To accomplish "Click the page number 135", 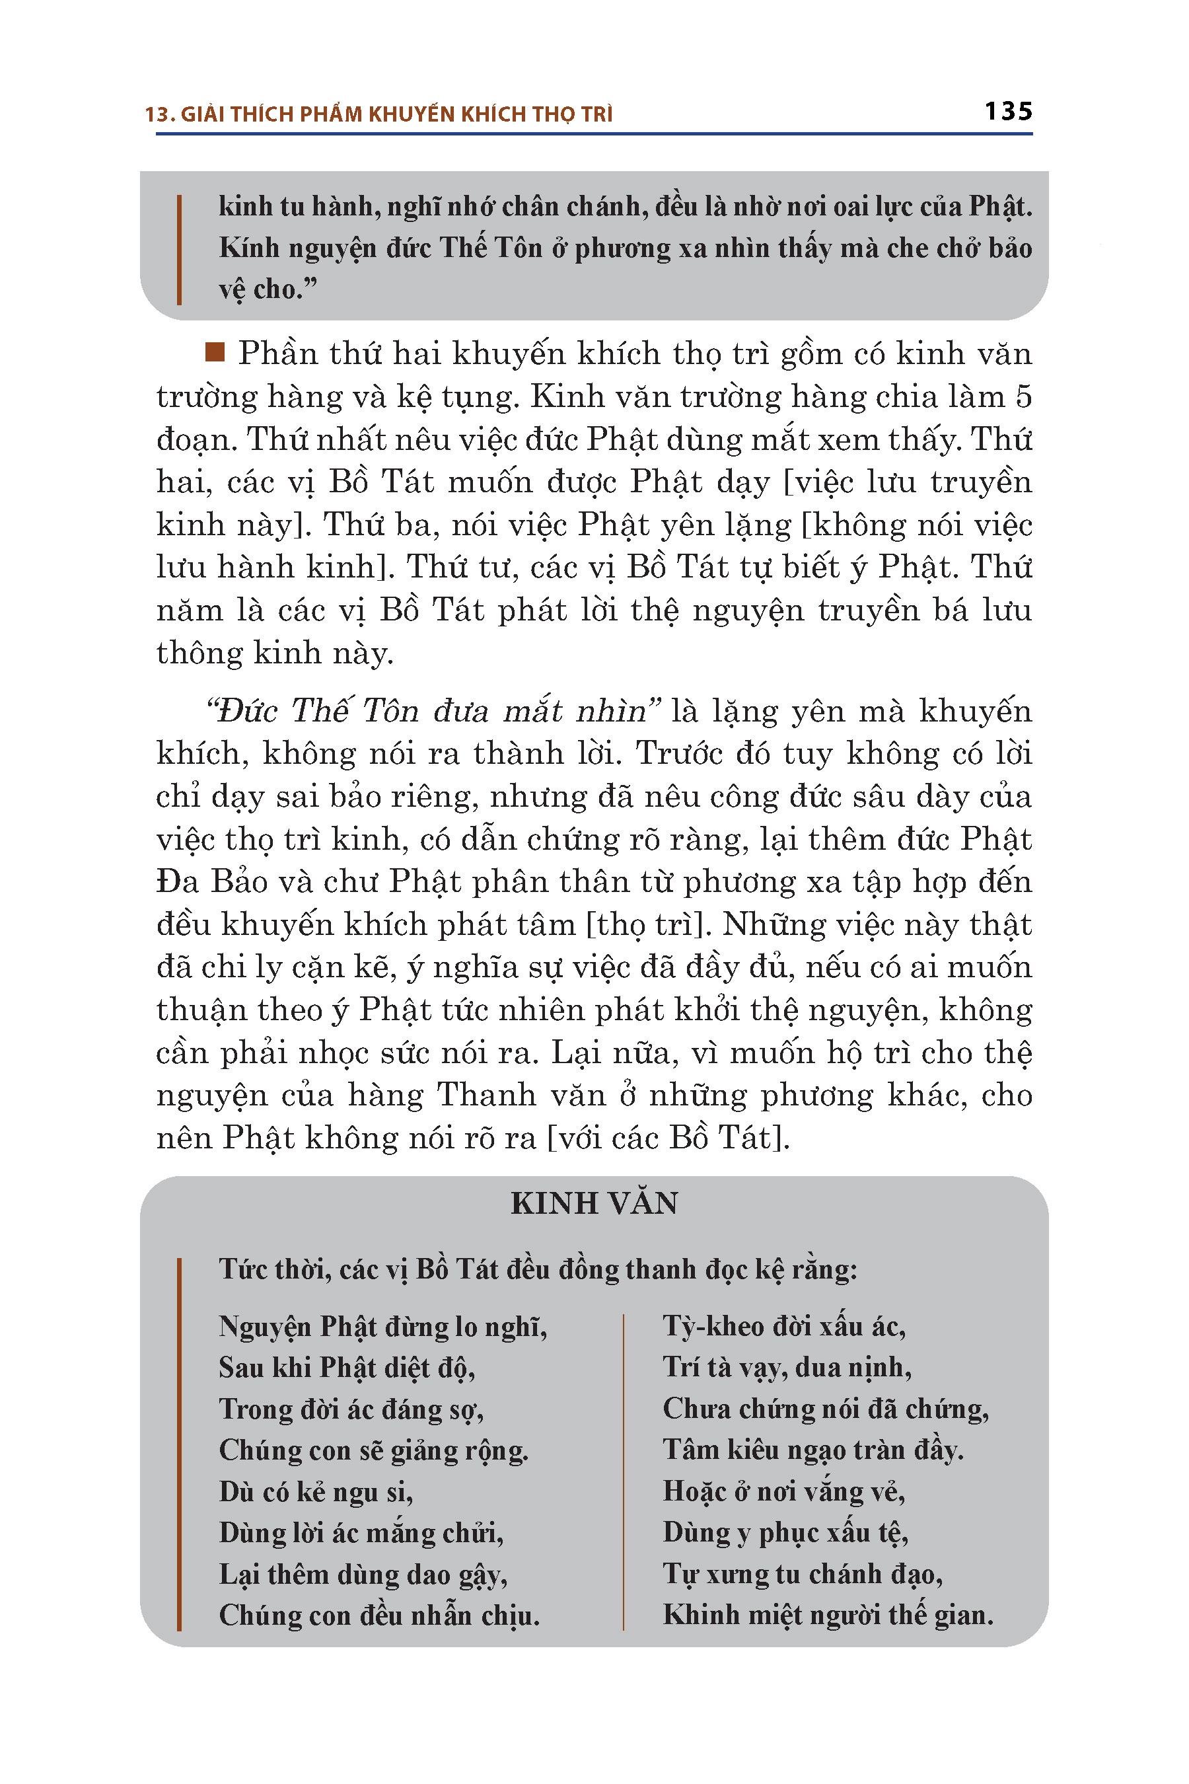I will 1008,112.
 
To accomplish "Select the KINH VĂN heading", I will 594,1204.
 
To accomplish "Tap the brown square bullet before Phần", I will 215,353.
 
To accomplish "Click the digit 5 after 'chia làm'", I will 1023,398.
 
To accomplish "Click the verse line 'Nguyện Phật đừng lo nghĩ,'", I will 383,1327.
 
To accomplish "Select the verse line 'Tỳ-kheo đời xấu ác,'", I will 784,1327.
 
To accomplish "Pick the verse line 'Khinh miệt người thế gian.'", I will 828,1615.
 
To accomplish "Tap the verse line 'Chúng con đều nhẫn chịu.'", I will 379,1616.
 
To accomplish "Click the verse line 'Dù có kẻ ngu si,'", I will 316,1492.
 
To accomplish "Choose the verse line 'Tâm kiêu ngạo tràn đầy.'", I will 813,1450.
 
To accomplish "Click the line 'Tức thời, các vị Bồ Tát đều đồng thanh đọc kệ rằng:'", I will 538,1270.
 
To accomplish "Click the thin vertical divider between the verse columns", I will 624,1471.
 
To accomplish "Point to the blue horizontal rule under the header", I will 594,134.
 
